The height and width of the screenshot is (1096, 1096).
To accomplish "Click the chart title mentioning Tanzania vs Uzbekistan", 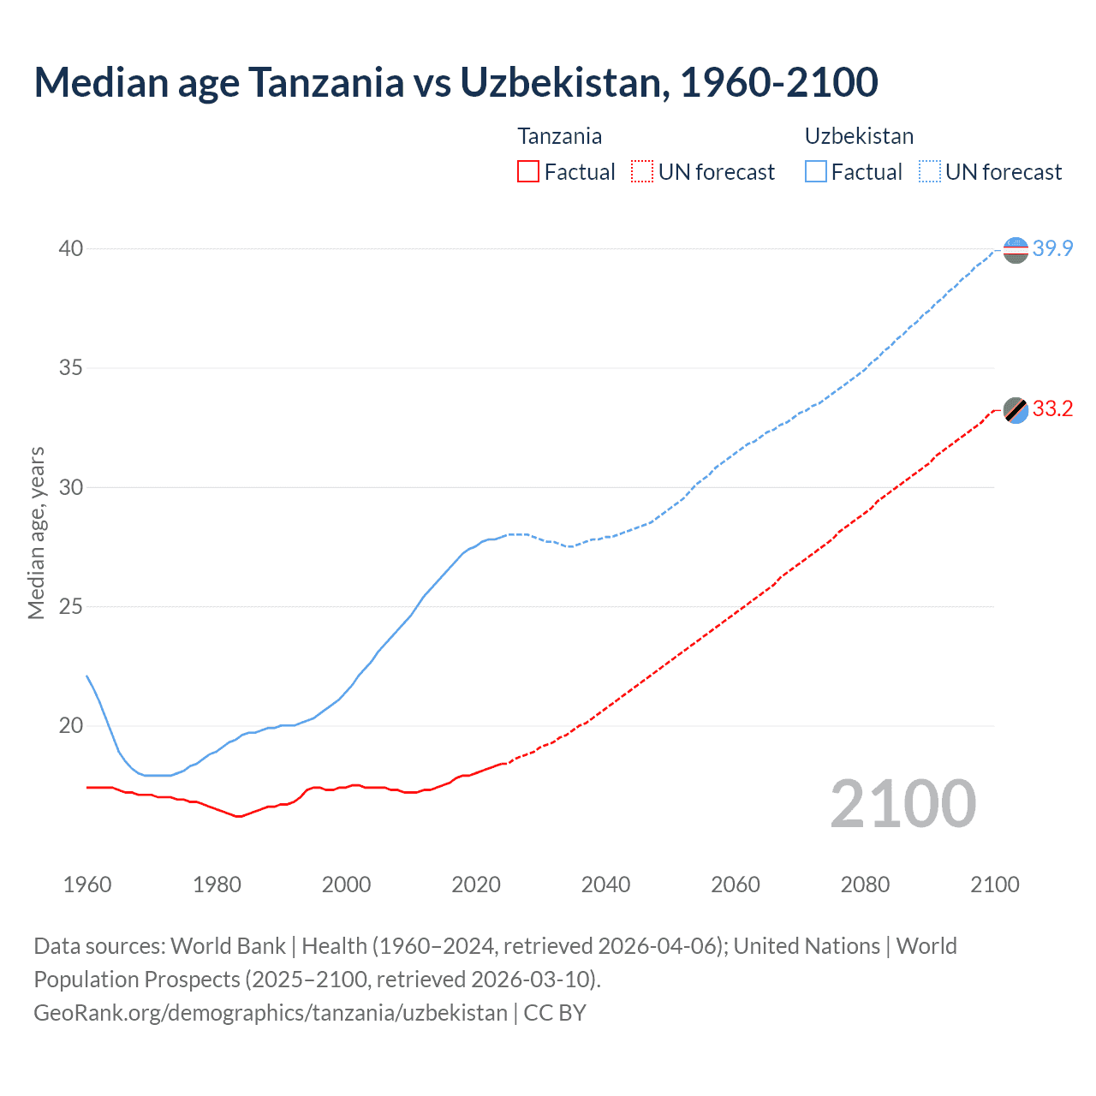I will click(456, 83).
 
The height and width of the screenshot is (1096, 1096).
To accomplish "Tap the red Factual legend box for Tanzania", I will click(528, 172).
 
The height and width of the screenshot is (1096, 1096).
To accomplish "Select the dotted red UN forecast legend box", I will click(641, 172).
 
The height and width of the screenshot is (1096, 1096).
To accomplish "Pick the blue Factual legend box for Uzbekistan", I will click(815, 172).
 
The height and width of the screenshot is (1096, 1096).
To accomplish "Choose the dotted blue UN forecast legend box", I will click(929, 172).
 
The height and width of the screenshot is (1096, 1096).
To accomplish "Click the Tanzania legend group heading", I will click(559, 136).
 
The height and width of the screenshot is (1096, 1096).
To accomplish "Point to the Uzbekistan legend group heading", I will click(859, 136).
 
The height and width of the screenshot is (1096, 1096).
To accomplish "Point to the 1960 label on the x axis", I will click(87, 885).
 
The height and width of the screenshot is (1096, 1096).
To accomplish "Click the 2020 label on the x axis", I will click(476, 885).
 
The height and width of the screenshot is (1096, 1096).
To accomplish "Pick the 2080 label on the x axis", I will click(865, 885).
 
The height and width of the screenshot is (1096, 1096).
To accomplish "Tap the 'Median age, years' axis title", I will click(36, 533).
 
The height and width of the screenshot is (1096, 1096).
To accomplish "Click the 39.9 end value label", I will click(1052, 249).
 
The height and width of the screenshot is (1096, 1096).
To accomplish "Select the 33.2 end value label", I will click(1052, 409).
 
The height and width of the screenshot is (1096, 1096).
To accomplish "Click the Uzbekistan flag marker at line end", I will click(1016, 250).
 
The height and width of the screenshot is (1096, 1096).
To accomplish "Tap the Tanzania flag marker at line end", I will click(1016, 410).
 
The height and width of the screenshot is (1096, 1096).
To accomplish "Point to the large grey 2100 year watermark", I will click(902, 804).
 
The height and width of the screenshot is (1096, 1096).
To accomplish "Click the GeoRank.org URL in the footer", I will click(271, 1013).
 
